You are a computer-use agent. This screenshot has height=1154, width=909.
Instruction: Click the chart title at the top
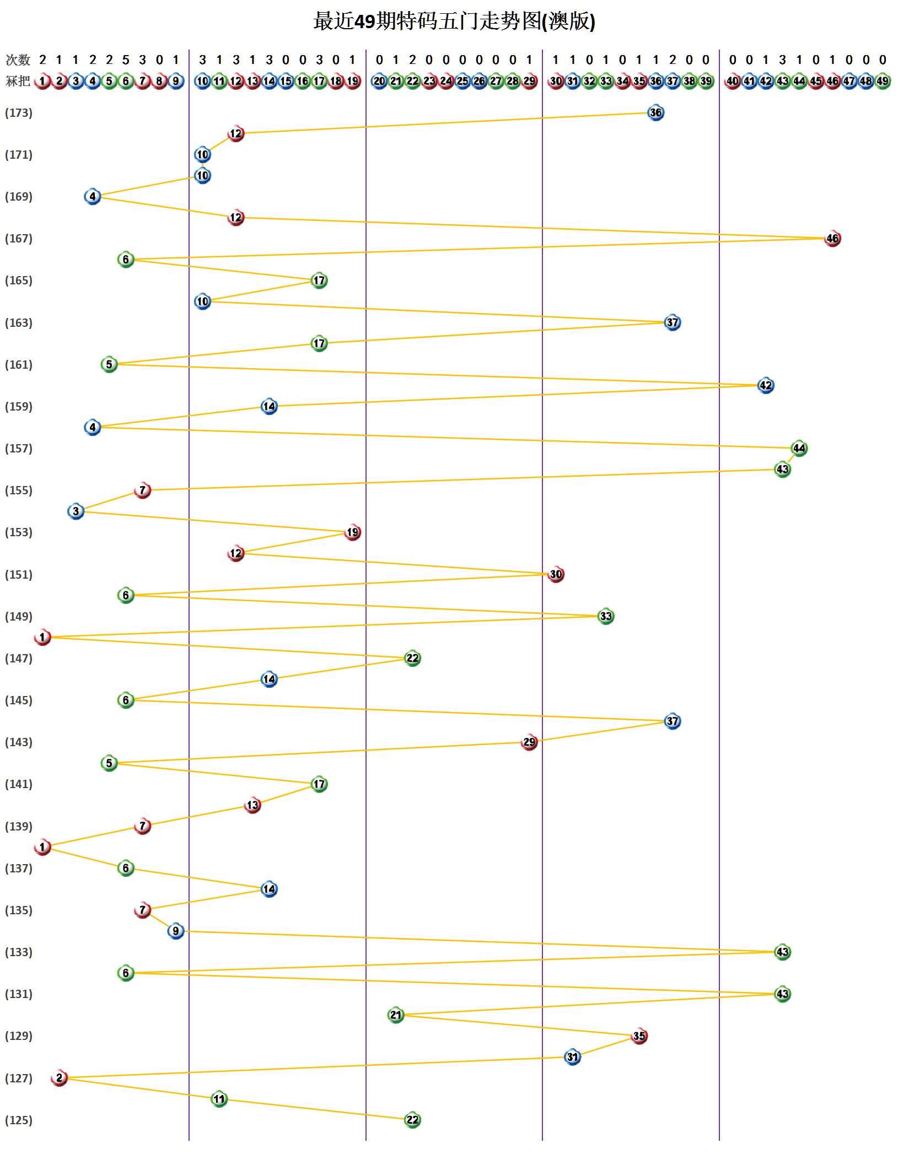[454, 21]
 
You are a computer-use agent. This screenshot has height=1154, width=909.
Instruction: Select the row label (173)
[19, 113]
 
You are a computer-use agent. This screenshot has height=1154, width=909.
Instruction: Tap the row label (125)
[19, 1120]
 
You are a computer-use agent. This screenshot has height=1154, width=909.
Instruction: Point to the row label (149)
[19, 616]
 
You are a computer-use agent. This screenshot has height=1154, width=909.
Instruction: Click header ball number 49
[883, 81]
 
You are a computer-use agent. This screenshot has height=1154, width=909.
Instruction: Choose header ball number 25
[462, 81]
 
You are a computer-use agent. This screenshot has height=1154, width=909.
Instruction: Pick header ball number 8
[159, 81]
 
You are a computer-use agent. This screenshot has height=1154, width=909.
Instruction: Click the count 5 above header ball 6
[126, 60]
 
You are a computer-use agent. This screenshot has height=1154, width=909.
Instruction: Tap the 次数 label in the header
[18, 60]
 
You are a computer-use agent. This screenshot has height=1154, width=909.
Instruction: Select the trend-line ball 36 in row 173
[655, 113]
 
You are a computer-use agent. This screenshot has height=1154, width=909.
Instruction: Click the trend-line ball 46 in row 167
[832, 239]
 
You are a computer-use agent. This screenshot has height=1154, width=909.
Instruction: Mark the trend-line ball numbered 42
[766, 385]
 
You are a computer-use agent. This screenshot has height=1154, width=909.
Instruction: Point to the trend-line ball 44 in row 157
[799, 448]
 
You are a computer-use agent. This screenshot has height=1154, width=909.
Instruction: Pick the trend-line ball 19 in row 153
[352, 532]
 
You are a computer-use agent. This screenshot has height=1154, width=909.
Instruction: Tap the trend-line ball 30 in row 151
[556, 574]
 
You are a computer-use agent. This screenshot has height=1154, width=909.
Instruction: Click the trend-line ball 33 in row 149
[606, 616]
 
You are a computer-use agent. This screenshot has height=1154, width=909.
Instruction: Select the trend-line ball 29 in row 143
[529, 742]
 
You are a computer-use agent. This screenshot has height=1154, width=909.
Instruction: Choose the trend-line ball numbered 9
[176, 931]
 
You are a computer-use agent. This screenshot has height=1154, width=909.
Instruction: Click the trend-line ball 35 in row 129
[639, 1036]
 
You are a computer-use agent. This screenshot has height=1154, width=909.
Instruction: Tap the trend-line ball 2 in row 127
[59, 1078]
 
